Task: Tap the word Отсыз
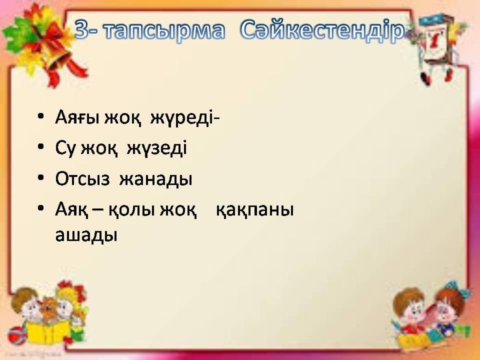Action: (82, 178)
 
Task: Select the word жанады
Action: (155, 179)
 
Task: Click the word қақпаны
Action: (254, 210)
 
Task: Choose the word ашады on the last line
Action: (86, 235)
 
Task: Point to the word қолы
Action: (131, 210)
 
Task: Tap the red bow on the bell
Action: (52, 43)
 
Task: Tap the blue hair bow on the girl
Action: (456, 290)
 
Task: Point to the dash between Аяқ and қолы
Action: (97, 211)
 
